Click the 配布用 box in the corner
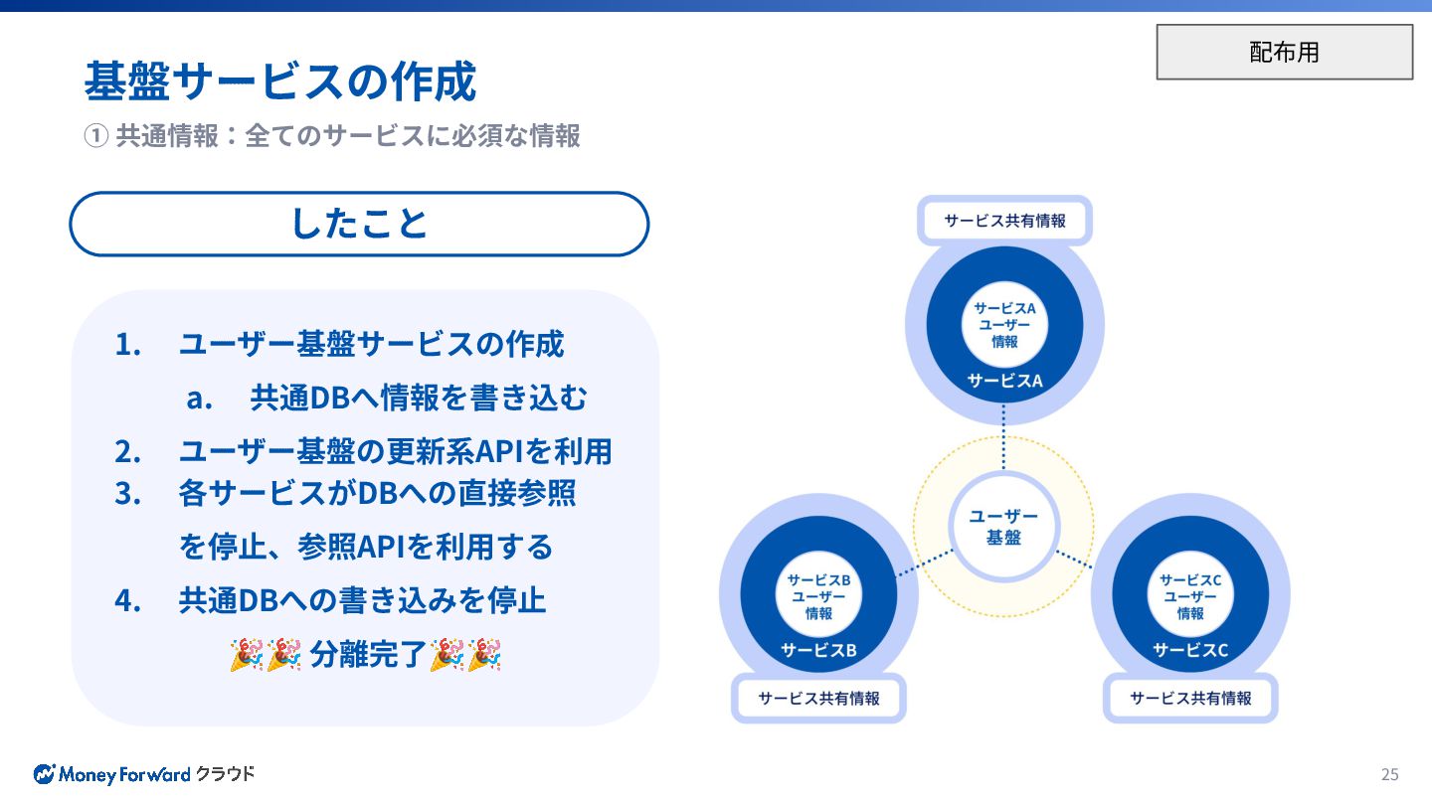[1284, 52]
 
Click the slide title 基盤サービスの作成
[279, 81]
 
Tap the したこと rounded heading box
[359, 224]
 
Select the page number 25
[1389, 774]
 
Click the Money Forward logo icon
[44, 773]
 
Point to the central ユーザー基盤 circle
[1003, 527]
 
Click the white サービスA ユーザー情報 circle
[1003, 325]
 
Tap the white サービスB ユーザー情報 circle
[818, 596]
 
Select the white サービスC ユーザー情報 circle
[1190, 596]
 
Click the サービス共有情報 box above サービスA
[1004, 221]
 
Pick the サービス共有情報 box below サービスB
[818, 698]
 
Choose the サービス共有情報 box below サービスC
[1190, 698]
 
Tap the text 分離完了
[367, 655]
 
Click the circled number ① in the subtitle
[95, 135]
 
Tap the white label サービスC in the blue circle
[1190, 650]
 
